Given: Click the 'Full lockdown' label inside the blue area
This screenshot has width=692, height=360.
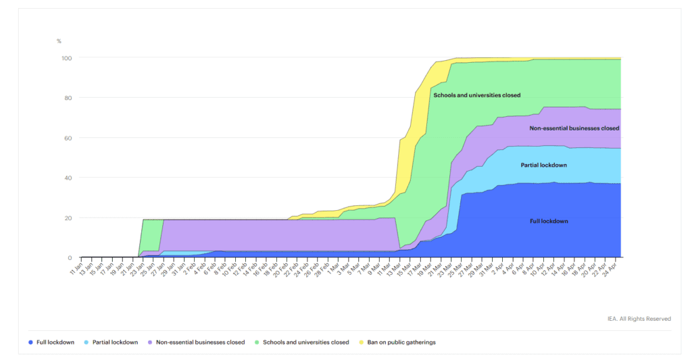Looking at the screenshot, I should click(x=549, y=221).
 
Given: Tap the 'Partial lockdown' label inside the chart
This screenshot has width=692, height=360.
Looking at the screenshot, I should click(x=543, y=165).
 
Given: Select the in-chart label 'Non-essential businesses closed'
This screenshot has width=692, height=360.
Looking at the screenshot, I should click(x=574, y=128).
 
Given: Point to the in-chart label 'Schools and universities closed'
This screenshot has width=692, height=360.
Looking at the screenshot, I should click(x=477, y=95).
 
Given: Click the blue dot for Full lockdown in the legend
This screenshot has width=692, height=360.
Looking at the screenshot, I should click(x=31, y=342).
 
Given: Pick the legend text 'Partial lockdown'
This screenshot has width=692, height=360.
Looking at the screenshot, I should click(x=115, y=342).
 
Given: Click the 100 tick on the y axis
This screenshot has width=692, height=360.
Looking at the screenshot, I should click(x=67, y=58).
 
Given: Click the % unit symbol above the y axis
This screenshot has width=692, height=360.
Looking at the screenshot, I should click(x=59, y=42).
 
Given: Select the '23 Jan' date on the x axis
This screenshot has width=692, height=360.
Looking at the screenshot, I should click(x=136, y=268).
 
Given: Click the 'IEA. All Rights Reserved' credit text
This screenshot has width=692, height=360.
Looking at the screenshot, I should click(x=639, y=319).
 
